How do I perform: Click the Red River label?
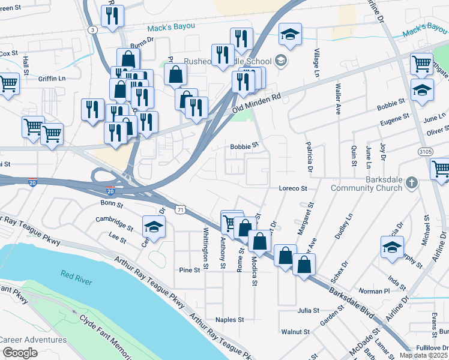(74, 275)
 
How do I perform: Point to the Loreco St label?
(293, 188)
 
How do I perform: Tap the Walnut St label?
(295, 331)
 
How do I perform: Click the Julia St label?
(308, 311)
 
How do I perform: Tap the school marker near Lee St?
(154, 228)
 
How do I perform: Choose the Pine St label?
(189, 271)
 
